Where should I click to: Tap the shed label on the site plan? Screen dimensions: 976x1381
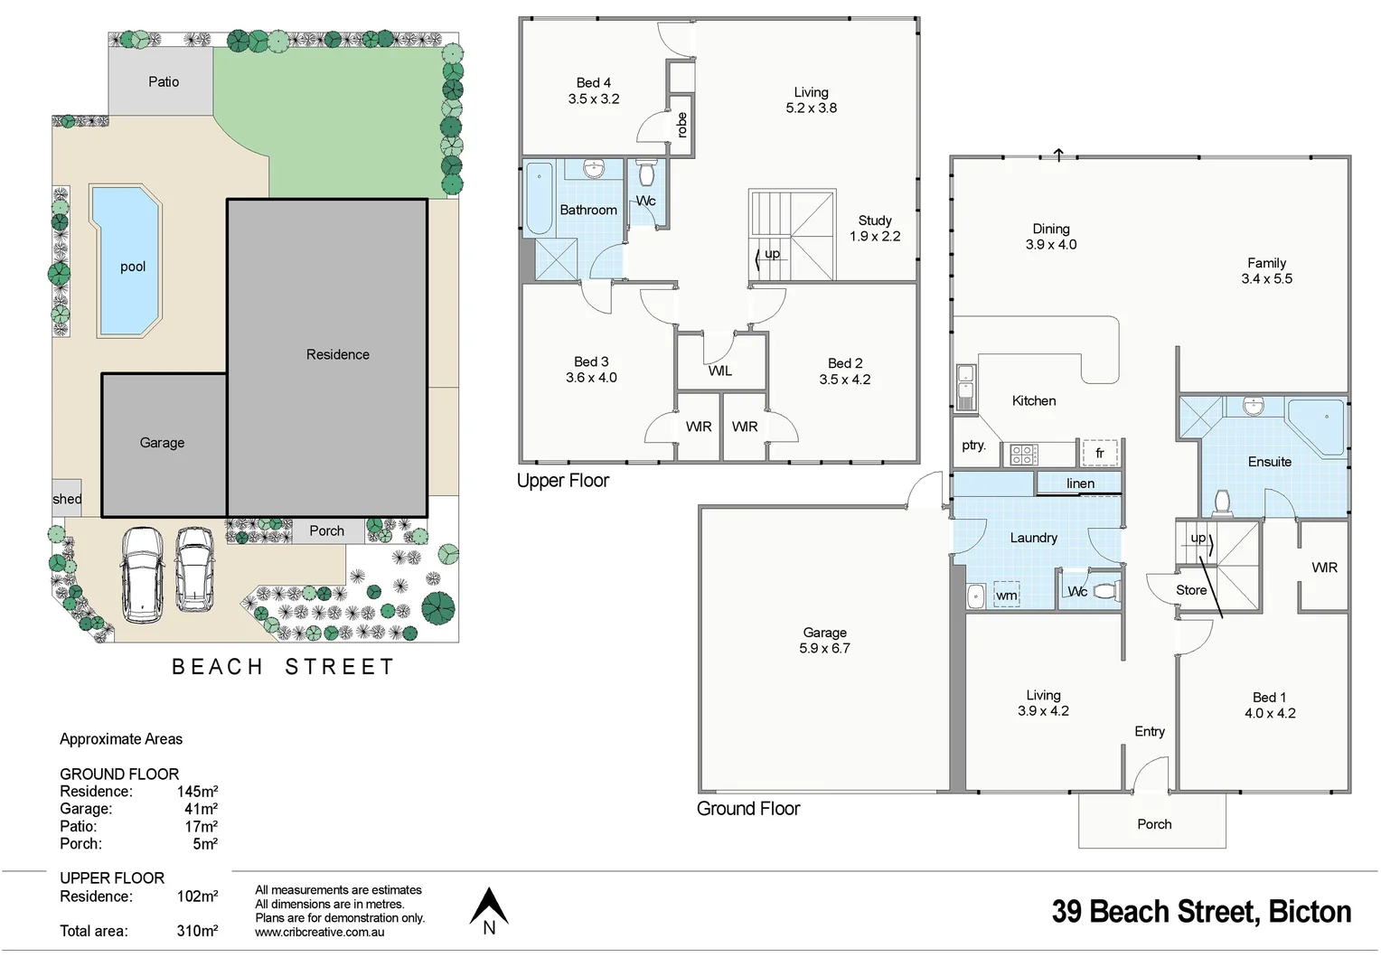[x=67, y=499]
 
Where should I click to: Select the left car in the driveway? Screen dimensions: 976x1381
[x=142, y=575]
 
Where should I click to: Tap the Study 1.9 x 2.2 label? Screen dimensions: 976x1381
[x=874, y=229]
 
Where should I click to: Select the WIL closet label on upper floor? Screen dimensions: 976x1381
[x=720, y=371]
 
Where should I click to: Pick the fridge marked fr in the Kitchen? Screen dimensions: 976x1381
[x=1100, y=453]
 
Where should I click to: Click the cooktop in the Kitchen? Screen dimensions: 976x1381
[x=1023, y=454]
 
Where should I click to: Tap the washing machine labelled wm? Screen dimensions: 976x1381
[x=1006, y=595]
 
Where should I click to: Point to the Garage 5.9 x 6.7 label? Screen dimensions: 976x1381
[x=824, y=641]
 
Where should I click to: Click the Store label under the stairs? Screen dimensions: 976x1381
[x=1191, y=590]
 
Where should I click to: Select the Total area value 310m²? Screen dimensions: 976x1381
[x=197, y=931]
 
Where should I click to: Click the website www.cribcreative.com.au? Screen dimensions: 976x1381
[x=319, y=933]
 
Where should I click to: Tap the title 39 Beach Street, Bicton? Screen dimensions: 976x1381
[x=1201, y=912]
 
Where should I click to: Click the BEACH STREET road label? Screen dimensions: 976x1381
[x=283, y=667]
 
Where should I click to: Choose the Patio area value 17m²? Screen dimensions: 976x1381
[x=201, y=826]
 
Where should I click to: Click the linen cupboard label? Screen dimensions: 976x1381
[x=1080, y=483]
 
